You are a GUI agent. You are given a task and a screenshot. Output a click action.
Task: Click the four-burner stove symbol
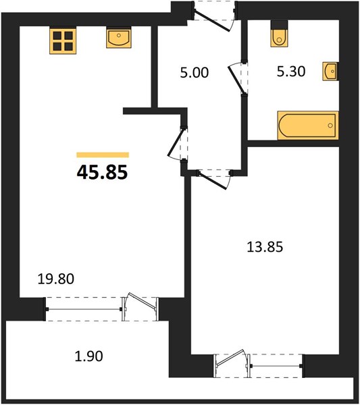pos(63,41)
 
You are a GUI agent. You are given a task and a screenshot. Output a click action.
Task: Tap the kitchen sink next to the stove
pos(119,38)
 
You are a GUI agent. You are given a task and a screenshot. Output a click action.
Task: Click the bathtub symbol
pos(308,126)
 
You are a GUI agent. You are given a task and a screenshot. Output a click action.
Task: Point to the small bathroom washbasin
pos(330,71)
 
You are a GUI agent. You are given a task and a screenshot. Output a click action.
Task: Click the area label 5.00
pos(195,73)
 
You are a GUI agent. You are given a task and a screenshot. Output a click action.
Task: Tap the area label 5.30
pos(291,72)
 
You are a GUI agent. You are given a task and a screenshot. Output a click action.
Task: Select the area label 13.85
pos(265,246)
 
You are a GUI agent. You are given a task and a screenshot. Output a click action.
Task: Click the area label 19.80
pos(56,279)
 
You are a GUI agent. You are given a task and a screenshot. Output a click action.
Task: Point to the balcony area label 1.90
pos(88,356)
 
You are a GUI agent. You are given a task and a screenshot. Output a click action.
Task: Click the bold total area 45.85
pos(103,172)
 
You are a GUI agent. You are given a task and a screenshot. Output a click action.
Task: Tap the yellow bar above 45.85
pos(103,155)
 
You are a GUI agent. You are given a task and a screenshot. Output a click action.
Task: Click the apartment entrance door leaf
pos(212,21)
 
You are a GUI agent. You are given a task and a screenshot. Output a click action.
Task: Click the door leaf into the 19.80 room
pos(177,142)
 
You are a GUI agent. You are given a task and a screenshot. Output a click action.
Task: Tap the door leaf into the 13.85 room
pos(212,180)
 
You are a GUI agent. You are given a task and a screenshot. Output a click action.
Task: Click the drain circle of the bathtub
pos(330,126)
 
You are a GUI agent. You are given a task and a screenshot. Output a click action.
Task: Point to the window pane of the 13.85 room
pos(276,366)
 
